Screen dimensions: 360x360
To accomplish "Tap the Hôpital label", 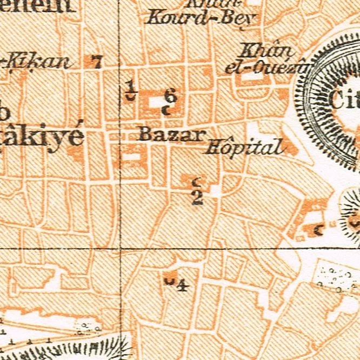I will pos(246,146).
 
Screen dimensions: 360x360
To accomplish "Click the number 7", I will pos(97,62).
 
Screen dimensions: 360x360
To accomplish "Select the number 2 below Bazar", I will pos(197,197).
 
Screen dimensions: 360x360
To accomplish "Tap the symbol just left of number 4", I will pos(170,280).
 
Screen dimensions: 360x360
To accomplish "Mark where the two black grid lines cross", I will pos(119,248).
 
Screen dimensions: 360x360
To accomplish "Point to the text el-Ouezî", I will pos(267,68).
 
